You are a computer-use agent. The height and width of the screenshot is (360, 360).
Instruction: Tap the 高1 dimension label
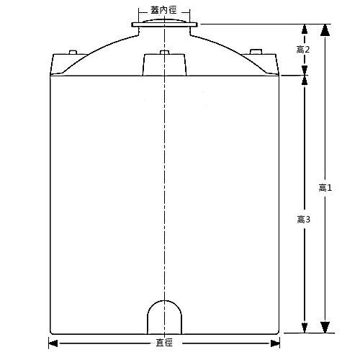[325, 187]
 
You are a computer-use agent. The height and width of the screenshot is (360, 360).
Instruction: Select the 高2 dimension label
[303, 49]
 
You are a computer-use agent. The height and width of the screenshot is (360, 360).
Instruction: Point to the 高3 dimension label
[303, 219]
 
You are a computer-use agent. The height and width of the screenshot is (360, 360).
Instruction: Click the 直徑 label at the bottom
[164, 342]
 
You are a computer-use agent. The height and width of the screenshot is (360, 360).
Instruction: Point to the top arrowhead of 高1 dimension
[325, 29]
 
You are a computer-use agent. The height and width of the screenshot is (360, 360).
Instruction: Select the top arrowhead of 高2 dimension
[305, 30]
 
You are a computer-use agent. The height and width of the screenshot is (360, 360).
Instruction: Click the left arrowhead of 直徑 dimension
[52, 342]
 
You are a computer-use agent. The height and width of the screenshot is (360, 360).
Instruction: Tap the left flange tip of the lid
[134, 25]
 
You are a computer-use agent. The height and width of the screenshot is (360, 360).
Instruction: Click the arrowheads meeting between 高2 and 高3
[305, 74]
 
